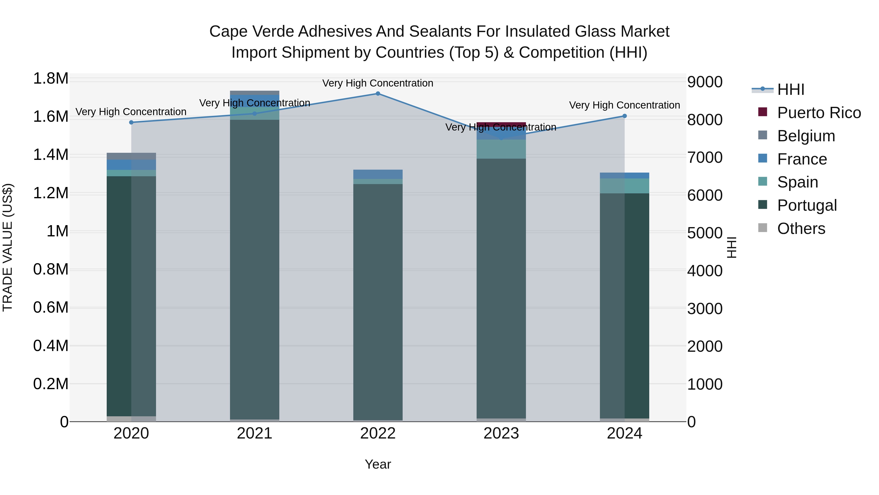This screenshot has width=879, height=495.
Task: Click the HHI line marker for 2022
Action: pos(378,93)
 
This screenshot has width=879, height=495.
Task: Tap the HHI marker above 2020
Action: pos(131,122)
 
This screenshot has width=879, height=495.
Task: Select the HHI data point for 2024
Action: pos(624,116)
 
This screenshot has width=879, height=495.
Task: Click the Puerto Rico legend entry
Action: pos(819,113)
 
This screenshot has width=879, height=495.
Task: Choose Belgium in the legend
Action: pos(806,136)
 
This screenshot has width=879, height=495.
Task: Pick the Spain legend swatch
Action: pos(763,182)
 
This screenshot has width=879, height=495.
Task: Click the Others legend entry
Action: pos(801,229)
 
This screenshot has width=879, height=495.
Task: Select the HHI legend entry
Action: pos(791,89)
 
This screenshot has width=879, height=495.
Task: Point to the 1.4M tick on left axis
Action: pos(51,155)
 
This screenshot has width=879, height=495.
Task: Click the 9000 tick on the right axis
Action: pos(705,82)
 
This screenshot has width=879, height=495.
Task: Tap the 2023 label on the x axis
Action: pos(501,433)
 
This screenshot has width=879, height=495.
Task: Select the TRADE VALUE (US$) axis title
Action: pos(8,247)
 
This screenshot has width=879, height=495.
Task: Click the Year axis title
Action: pos(378,464)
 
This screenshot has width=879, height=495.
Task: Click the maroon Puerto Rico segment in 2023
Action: pos(501,124)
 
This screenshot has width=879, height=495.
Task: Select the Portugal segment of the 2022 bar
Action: pos(378,301)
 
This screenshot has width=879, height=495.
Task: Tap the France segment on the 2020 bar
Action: pos(131,165)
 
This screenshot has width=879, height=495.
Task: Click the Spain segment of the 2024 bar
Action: pos(624,186)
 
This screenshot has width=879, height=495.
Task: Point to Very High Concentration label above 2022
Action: pos(378,83)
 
